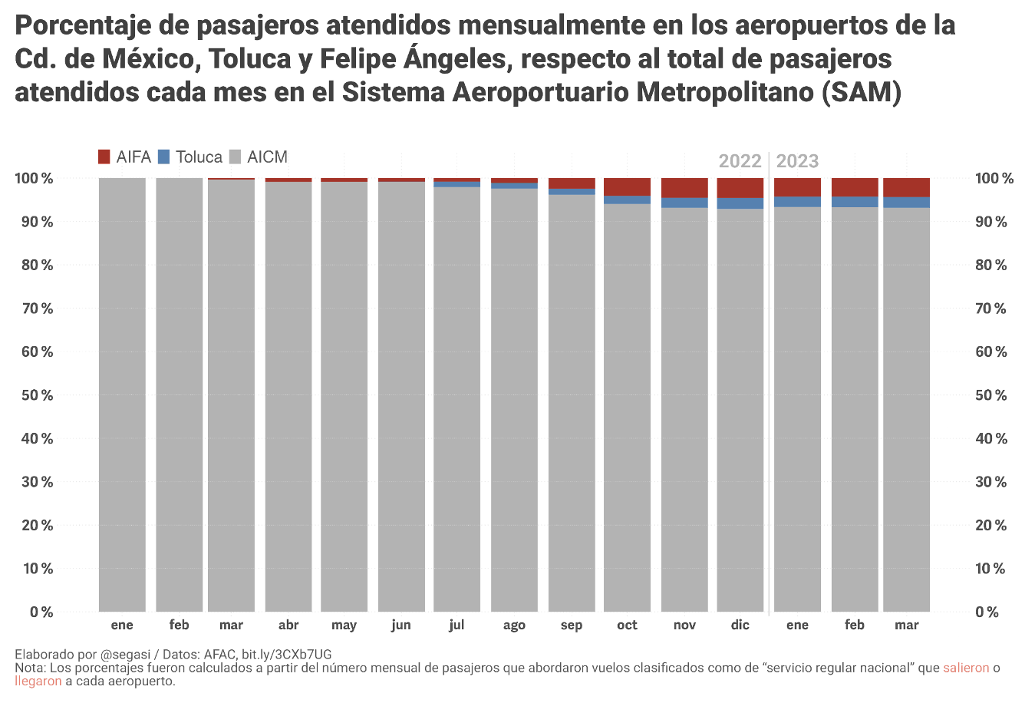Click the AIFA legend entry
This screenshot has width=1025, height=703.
click(125, 157)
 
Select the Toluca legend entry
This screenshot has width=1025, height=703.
click(190, 157)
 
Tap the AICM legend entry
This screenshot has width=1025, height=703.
click(259, 157)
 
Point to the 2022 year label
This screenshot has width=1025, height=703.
click(740, 161)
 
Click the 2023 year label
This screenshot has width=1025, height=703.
click(797, 161)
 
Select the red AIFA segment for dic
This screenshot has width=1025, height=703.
click(740, 188)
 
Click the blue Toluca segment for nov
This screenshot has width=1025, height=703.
click(684, 203)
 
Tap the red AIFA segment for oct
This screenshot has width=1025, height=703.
click(627, 186)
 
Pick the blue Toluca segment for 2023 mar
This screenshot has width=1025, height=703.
click(906, 203)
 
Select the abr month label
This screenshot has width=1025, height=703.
click(288, 625)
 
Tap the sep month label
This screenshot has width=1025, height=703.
click(572, 625)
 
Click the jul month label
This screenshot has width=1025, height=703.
click(456, 625)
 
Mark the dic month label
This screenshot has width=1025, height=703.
click(740, 625)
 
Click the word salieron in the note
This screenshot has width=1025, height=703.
click(966, 668)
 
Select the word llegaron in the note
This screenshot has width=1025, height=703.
click(38, 682)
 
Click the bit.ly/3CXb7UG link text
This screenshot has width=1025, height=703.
click(286, 655)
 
